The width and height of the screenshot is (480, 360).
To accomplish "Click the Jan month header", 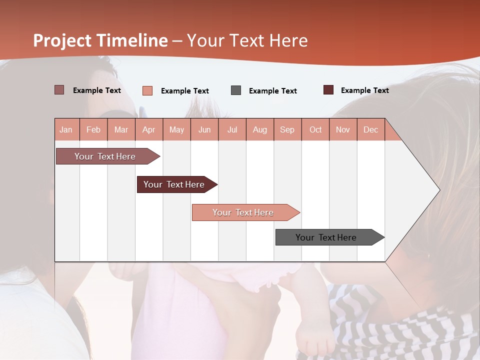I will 66,129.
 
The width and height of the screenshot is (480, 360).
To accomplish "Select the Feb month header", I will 93,129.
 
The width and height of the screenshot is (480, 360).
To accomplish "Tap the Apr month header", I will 148,129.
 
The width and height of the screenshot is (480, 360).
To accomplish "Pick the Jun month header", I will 204,129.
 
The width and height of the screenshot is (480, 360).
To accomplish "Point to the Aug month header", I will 259,129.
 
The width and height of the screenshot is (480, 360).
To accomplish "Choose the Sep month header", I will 287,129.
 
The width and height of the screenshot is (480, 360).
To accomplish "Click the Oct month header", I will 315,129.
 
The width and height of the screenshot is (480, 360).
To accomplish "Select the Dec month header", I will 370,129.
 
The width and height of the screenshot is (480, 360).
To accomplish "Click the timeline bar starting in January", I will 105,156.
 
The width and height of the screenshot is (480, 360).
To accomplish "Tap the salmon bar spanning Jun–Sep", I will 243,212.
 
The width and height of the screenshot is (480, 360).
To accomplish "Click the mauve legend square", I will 59,90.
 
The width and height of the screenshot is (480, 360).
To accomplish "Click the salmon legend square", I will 147,90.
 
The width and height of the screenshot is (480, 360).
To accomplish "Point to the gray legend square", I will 236,90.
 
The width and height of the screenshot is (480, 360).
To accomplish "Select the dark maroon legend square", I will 328,90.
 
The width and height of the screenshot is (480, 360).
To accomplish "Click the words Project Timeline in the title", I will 100,40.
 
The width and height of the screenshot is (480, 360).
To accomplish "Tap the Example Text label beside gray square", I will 272,91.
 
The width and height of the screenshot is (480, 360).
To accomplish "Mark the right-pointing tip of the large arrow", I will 438,190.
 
